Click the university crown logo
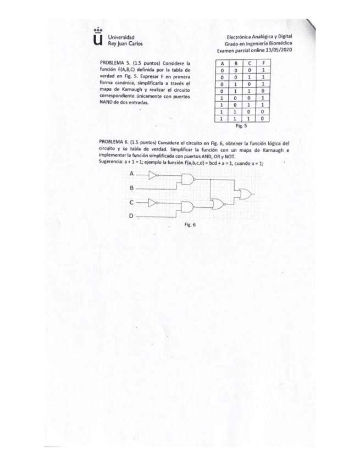coord(98,37)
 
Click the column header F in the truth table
coord(264,63)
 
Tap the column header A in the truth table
coord(222,63)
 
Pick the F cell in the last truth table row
coord(264,118)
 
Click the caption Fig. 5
coord(242,125)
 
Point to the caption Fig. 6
coord(190,224)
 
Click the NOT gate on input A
coord(154,175)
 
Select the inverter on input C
coord(154,202)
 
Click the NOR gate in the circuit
coord(218,204)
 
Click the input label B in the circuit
coord(131,188)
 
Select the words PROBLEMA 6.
coord(113,142)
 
